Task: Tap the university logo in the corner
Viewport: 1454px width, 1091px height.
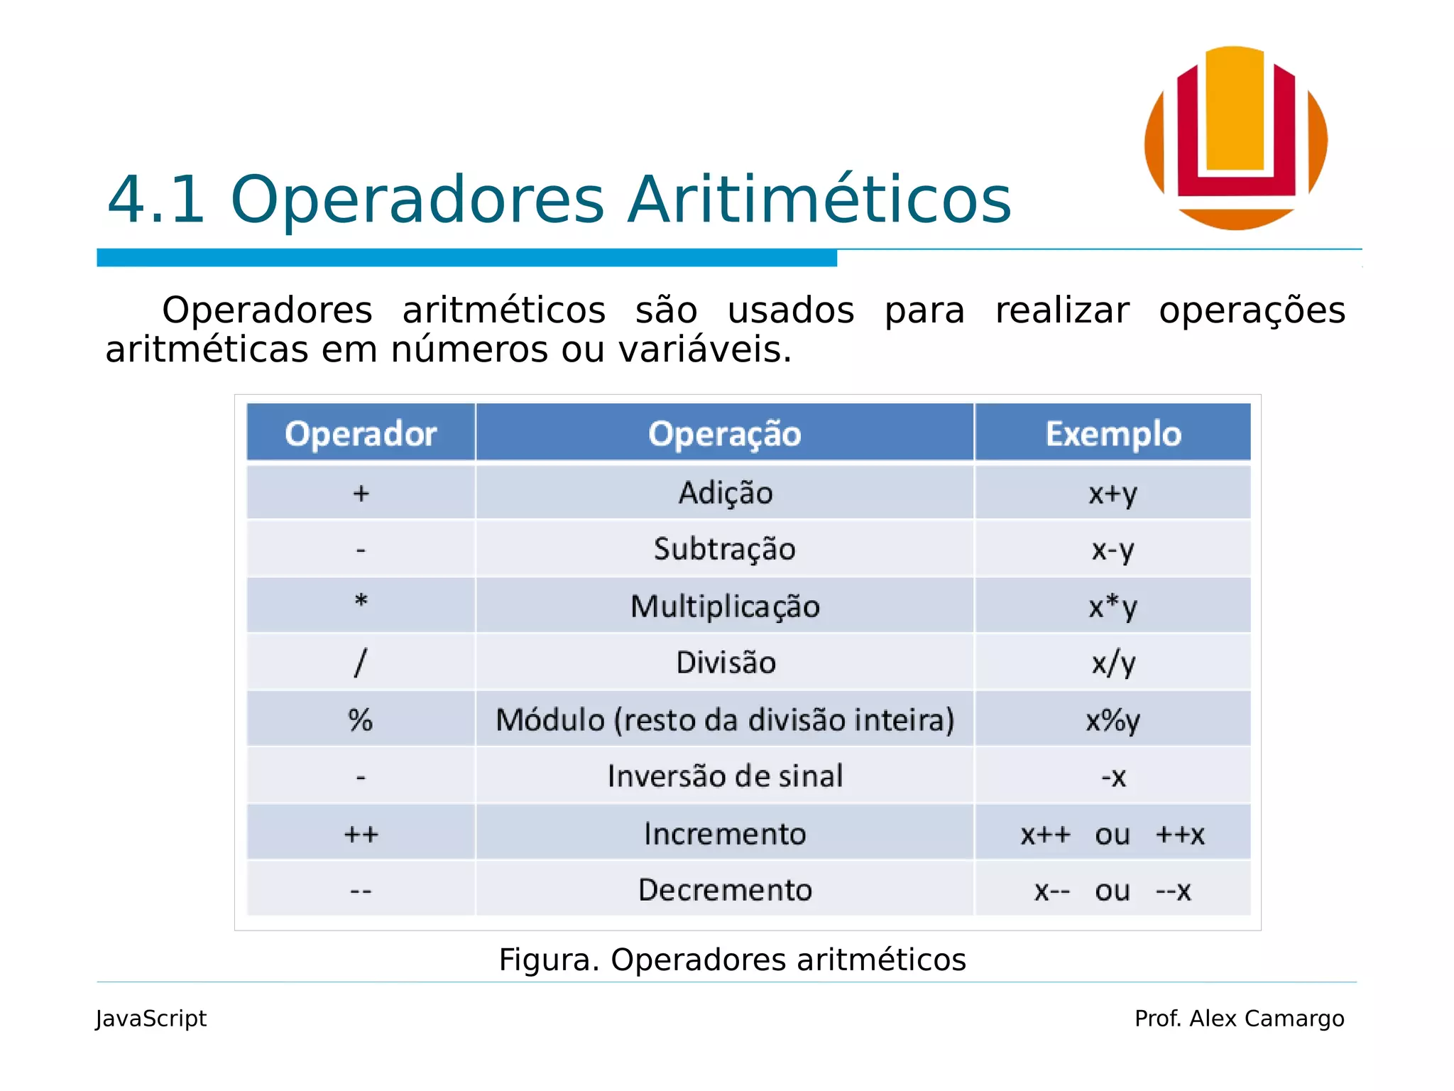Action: [x=1236, y=138]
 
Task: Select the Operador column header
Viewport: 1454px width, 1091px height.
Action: [x=361, y=433]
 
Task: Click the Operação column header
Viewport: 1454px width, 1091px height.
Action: [x=725, y=433]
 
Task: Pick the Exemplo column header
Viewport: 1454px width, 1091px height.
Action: [x=1113, y=433]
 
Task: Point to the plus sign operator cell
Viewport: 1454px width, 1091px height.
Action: [x=361, y=493]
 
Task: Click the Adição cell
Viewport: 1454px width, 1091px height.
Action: [x=725, y=493]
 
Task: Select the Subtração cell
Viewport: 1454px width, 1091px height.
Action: [x=725, y=549]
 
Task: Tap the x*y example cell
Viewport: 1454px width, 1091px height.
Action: [x=1113, y=607]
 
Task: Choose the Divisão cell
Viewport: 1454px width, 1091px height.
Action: [x=725, y=663]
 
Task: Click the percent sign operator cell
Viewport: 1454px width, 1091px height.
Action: [x=361, y=720]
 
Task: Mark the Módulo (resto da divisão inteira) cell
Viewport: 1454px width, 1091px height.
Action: [x=725, y=720]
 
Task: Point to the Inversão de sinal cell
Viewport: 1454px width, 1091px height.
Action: [x=725, y=776]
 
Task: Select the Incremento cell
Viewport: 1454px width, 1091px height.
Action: [x=725, y=833]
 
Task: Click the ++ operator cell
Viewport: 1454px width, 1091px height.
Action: [x=361, y=833]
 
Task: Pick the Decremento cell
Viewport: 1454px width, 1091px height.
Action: [x=725, y=890]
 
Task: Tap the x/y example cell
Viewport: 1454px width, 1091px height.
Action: [x=1113, y=663]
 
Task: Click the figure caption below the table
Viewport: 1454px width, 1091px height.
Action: [x=732, y=960]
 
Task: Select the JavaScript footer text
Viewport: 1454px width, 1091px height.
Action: [x=151, y=1019]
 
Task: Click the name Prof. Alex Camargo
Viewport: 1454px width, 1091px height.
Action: [x=1239, y=1019]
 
